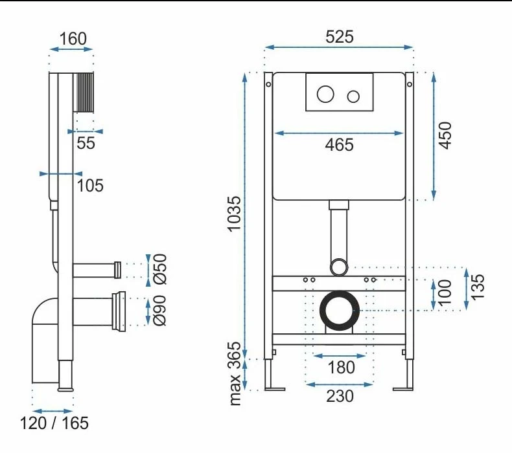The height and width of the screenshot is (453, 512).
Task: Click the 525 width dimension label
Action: tap(340, 37)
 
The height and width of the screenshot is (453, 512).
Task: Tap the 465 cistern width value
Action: tap(340, 145)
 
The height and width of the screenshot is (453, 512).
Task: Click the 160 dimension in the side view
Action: tap(73, 39)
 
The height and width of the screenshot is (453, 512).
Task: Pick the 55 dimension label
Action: tap(86, 144)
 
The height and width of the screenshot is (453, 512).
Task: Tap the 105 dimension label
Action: tap(90, 186)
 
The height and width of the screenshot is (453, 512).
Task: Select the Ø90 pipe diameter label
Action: tap(160, 310)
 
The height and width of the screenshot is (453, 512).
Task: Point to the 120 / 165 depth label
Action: tap(54, 424)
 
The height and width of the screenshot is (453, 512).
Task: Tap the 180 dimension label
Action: tap(340, 368)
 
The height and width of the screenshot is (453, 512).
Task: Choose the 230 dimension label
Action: tap(340, 395)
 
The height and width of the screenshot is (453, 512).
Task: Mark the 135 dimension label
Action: tap(478, 287)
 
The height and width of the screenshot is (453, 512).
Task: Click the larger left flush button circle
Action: tap(325, 96)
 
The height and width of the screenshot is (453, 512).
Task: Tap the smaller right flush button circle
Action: tap(353, 97)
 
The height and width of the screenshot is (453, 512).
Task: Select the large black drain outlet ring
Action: tap(339, 310)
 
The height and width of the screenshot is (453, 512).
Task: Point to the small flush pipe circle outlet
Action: tap(339, 265)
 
